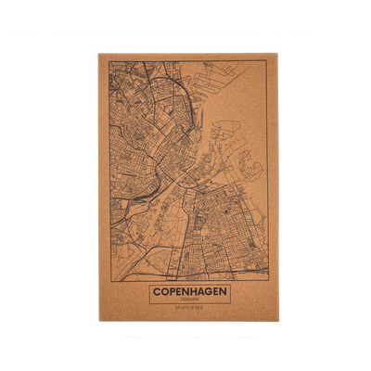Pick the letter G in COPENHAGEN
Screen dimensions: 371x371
[x=207, y=291]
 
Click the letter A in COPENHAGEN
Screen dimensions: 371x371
[x=198, y=291]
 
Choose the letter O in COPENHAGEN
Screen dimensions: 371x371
[x=162, y=291]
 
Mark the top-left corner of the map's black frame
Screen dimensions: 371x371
[x=106, y=61]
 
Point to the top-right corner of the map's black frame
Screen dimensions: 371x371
[x=269, y=61]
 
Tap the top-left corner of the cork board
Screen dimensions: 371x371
[x=96, y=51]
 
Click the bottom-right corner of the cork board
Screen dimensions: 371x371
[x=278, y=323]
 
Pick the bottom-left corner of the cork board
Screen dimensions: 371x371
[x=96, y=323]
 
